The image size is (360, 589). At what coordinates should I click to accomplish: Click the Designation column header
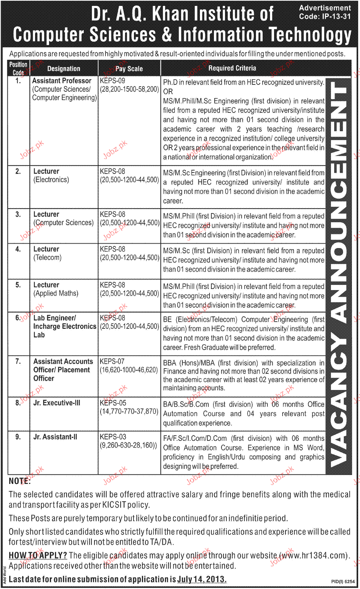pyautogui.click(x=63, y=69)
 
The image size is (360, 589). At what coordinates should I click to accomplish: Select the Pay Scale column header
pyautogui.click(x=129, y=69)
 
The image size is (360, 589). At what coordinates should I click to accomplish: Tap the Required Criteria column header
pyautogui.click(x=232, y=68)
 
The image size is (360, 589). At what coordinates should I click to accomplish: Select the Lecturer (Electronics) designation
pyautogui.click(x=51, y=175)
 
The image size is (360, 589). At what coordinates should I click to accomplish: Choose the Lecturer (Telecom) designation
pyautogui.click(x=47, y=253)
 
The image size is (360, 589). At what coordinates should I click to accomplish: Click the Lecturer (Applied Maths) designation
pyautogui.click(x=56, y=289)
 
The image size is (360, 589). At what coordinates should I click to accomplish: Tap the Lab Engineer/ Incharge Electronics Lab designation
pyautogui.click(x=64, y=326)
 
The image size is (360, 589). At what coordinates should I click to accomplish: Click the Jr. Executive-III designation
pyautogui.click(x=56, y=403)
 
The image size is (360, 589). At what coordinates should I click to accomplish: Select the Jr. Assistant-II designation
pyautogui.click(x=55, y=437)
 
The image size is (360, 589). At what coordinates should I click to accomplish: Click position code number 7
pyautogui.click(x=18, y=361)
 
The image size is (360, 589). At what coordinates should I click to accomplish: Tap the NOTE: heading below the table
pyautogui.click(x=20, y=481)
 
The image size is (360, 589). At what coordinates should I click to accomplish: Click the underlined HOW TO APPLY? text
pyautogui.click(x=38, y=555)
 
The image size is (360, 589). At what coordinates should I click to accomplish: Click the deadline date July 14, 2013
pyautogui.click(x=201, y=579)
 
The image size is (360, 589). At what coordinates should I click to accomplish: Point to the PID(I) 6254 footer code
pyautogui.click(x=343, y=582)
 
